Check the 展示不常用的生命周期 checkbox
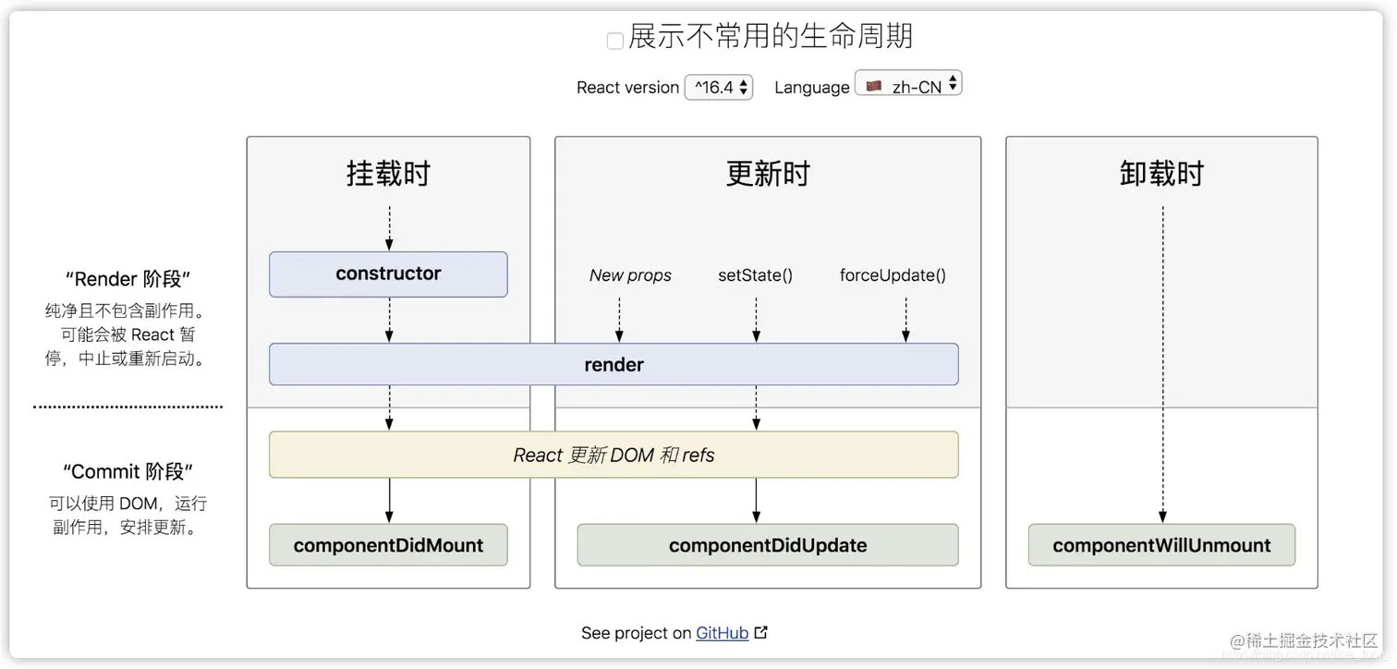(614, 41)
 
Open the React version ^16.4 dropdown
(719, 87)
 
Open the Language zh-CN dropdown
(908, 85)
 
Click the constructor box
(388, 274)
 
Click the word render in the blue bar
(613, 364)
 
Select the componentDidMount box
(388, 545)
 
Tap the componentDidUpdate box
(767, 545)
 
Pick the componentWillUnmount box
(1161, 545)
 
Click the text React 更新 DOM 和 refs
(613, 455)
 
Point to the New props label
(630, 275)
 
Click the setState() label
(755, 275)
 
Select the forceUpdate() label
(893, 275)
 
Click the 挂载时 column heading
(388, 174)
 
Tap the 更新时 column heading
(767, 174)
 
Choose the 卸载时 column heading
(1161, 174)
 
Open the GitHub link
(722, 633)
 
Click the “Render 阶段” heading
(128, 279)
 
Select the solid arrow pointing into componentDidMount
(389, 501)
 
